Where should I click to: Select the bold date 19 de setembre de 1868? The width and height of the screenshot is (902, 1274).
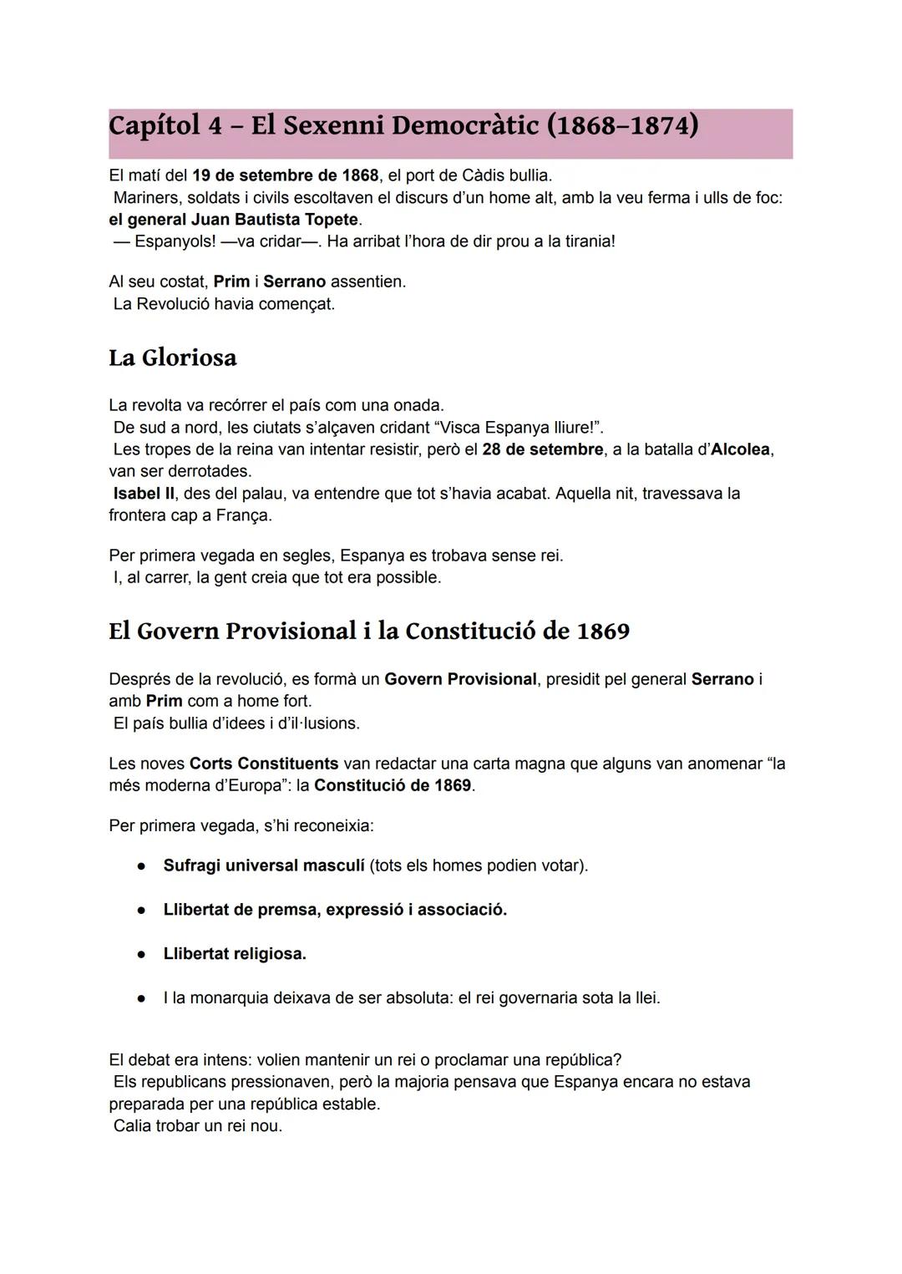pos(285,176)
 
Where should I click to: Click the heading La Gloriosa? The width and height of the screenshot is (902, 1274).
pos(173,358)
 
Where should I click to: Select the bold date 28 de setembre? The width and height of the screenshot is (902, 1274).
pos(542,449)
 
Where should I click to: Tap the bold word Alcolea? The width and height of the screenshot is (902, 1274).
pos(740,449)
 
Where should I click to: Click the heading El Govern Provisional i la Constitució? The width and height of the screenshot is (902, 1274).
pos(368,631)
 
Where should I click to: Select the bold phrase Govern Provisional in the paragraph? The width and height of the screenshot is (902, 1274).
pos(460,679)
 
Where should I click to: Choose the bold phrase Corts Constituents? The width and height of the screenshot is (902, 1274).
pos(264,764)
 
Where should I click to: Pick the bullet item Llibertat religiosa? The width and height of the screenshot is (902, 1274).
pos(235,954)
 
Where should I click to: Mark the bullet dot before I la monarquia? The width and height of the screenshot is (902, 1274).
pos(142,998)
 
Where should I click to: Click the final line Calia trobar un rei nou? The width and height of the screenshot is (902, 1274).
pos(198,1126)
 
